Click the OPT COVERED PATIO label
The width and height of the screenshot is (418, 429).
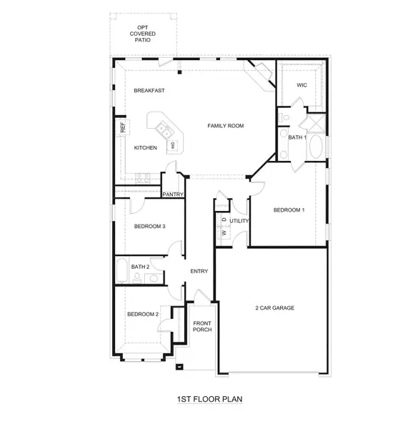tap(142, 34)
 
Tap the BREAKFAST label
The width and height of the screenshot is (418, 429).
tap(149, 91)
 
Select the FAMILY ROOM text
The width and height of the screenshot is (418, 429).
tap(226, 126)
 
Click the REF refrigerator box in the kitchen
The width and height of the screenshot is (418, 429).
tap(122, 127)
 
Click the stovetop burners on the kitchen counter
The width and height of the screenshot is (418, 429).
tap(143, 178)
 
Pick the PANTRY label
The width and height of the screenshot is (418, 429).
tap(173, 194)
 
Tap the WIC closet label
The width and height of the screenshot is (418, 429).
tap(302, 85)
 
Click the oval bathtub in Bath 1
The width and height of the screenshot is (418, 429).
tap(316, 147)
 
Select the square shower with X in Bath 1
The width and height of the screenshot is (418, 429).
tap(316, 123)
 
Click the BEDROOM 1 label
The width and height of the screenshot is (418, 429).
tap(289, 210)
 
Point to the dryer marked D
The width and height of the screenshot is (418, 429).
tap(224, 220)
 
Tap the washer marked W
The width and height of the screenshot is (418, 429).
tap(224, 233)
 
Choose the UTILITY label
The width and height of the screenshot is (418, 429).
tap(239, 221)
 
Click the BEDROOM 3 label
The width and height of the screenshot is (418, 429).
tap(149, 226)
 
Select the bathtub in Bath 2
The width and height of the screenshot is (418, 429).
tap(122, 270)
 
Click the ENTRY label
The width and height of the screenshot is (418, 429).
tap(199, 272)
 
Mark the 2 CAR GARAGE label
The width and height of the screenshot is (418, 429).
tap(275, 308)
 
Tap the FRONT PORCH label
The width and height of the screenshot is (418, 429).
tap(202, 327)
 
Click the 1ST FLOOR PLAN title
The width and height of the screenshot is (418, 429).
tap(209, 399)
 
